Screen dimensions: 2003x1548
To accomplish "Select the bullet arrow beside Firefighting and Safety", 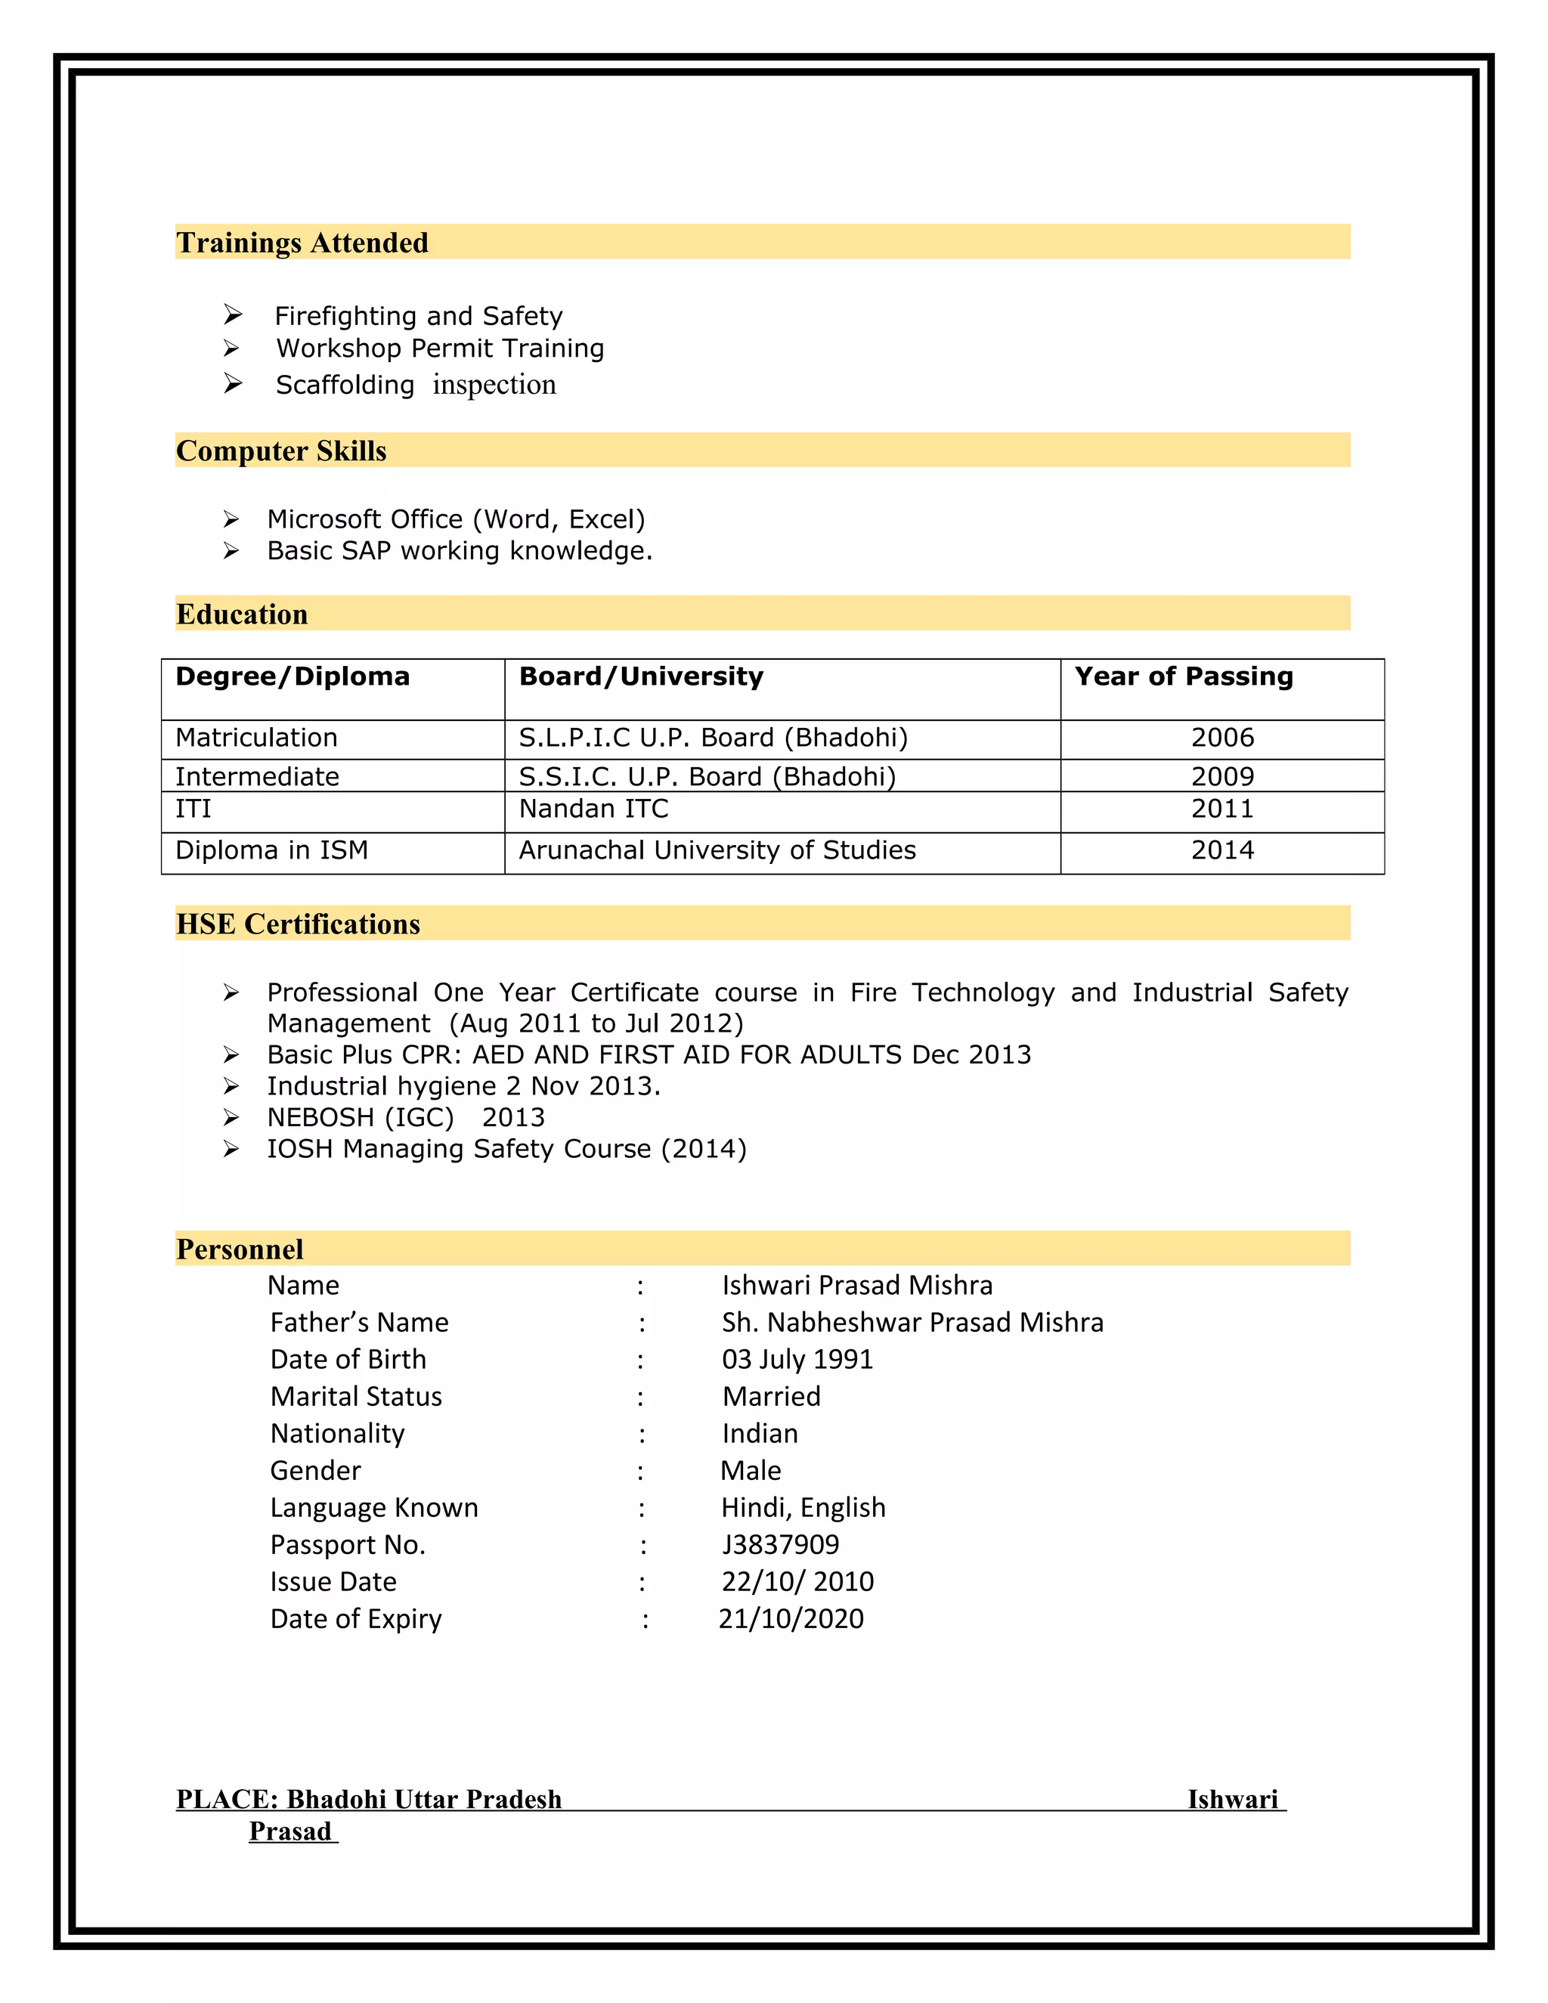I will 233,315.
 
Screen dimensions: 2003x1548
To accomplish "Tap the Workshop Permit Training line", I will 440,348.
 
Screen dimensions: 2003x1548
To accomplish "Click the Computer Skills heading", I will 280,450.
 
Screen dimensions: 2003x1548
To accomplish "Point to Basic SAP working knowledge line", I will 460,550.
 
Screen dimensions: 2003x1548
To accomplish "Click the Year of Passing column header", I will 1183,676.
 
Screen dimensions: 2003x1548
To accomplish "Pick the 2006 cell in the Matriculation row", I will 1221,738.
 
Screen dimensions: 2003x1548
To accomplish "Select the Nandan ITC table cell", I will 593,809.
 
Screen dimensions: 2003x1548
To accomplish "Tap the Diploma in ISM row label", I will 271,850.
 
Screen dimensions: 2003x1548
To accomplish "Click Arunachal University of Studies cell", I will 717,850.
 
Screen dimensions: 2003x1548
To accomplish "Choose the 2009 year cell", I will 1221,777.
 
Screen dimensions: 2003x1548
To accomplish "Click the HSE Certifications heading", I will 298,924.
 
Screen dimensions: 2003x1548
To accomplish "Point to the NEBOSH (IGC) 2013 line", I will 405,1117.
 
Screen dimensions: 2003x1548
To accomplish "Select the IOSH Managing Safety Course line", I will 506,1148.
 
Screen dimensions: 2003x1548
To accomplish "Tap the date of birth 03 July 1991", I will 797,1359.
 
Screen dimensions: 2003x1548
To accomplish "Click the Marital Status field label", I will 356,1397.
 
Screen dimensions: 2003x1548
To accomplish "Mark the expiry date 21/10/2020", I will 791,1619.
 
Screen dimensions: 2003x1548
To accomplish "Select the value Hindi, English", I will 803,1508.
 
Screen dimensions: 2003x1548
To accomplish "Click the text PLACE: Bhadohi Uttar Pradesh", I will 369,1800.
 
